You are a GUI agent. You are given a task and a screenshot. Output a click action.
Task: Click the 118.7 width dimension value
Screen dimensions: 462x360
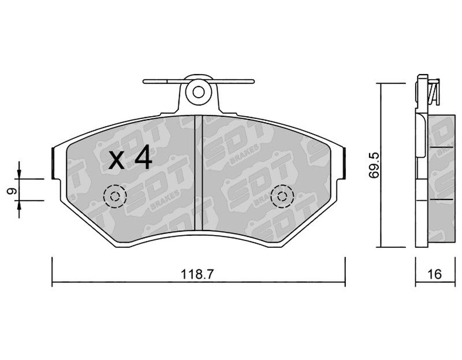pyautogui.click(x=196, y=274)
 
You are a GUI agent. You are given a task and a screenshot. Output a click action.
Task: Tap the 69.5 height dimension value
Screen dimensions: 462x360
pyautogui.click(x=374, y=165)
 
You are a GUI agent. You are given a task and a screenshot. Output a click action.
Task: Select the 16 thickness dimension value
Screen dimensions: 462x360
pyautogui.click(x=435, y=274)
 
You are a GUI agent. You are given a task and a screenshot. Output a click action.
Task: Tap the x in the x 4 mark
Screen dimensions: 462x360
pyautogui.click(x=117, y=162)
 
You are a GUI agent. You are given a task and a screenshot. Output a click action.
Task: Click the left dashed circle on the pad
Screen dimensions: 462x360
pyautogui.click(x=115, y=196)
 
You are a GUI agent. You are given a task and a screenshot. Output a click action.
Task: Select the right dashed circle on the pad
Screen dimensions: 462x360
pyautogui.click(x=282, y=196)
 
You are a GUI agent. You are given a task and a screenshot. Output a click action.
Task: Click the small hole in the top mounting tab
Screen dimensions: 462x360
pyautogui.click(x=198, y=92)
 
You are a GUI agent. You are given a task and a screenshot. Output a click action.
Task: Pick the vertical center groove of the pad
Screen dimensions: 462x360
pyautogui.click(x=199, y=173)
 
